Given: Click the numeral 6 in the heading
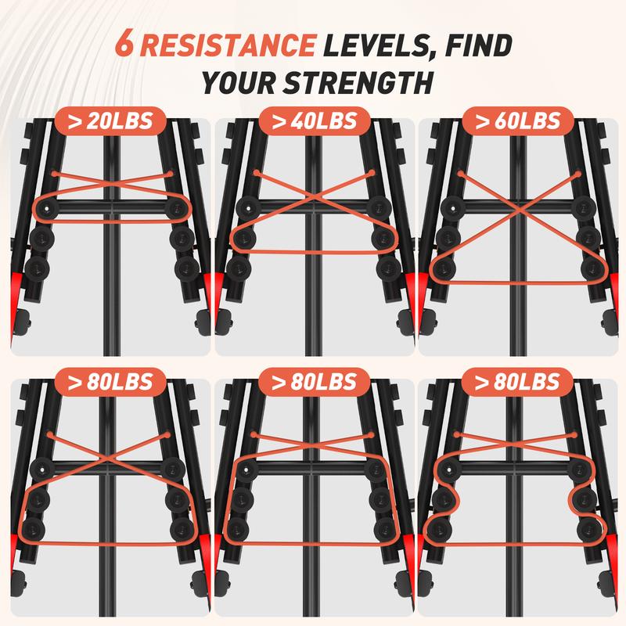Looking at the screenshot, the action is [124, 45].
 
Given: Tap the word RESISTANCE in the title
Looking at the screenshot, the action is [228, 45].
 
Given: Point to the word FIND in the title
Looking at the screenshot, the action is [478, 45].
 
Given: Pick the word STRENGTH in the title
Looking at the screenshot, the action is [358, 83].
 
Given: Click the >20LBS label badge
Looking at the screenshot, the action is [110, 121].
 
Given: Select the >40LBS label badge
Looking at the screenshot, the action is [315, 121].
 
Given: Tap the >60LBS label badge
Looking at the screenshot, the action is [518, 121].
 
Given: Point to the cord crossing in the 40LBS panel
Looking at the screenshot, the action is [314, 196].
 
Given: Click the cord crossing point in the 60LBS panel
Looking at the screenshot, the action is [519, 210].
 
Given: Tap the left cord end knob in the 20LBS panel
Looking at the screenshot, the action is [55, 174].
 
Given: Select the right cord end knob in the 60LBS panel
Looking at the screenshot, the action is [579, 174].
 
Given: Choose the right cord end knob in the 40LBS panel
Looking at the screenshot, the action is [372, 173].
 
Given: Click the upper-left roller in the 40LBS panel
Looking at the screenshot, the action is [248, 208].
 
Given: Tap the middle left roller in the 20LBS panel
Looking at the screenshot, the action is [41, 239].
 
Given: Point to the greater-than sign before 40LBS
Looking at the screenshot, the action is [278, 122].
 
